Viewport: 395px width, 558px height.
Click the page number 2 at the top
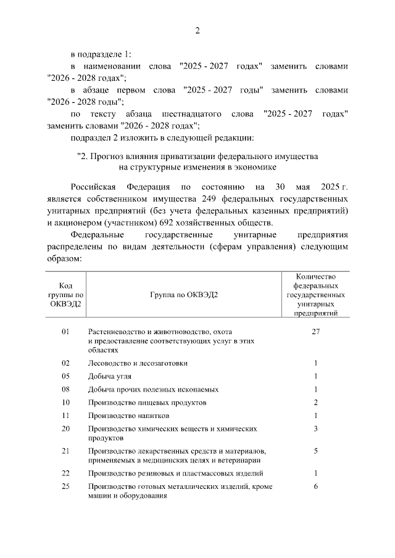pos(197,31)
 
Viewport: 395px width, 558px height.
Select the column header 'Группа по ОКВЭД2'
pos(183,294)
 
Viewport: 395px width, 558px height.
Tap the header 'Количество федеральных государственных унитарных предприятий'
pos(315,295)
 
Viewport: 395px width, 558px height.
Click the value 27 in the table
pos(315,332)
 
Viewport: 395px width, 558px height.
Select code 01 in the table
pos(66,332)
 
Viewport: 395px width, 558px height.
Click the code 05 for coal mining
pos(66,376)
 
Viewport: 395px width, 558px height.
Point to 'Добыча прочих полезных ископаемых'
pos(153,390)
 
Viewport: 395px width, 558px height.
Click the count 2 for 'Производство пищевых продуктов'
pos(315,403)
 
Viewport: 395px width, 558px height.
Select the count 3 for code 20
pos(315,429)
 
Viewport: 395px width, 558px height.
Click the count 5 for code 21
pos(315,451)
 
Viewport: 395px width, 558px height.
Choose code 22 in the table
pos(66,474)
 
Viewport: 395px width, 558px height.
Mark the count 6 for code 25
pos(315,487)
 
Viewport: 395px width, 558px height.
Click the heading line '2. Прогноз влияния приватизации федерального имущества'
pos(197,155)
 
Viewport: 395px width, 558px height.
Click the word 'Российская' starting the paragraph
pos(93,186)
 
